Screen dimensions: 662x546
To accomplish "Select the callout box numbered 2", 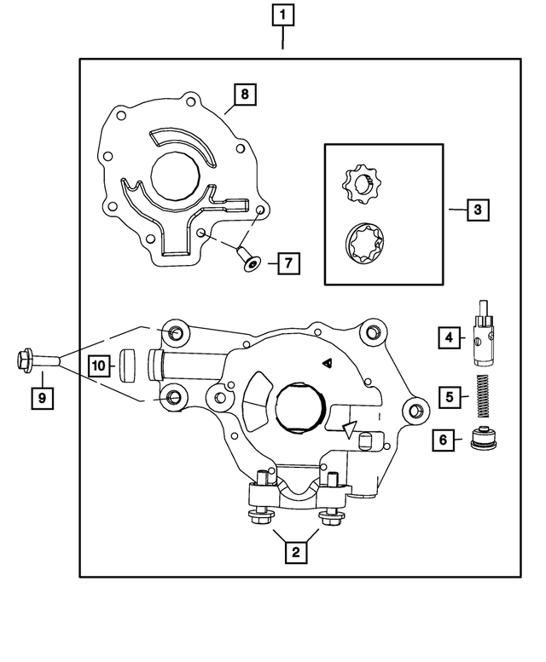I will [x=295, y=553].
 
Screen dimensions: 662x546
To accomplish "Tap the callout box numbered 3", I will [x=479, y=209].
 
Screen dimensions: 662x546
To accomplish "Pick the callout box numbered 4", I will [x=447, y=338].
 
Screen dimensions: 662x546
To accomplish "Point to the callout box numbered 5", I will [x=447, y=395].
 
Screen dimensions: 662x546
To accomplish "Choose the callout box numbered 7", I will [x=288, y=263].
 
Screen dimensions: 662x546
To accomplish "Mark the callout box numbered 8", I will [x=244, y=94].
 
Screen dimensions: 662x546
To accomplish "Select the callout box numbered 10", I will [x=98, y=366].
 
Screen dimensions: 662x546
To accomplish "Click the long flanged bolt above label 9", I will [x=38, y=360].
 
